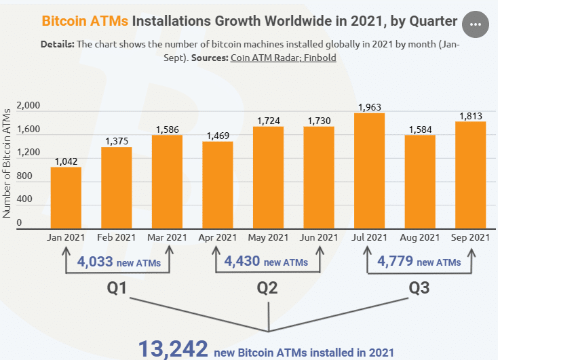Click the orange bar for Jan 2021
pyautogui.click(x=66, y=198)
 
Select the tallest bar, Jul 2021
pyautogui.click(x=369, y=171)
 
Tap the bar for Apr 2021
pyautogui.click(x=217, y=185)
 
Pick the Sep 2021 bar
pyautogui.click(x=470, y=175)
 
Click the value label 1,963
pyautogui.click(x=369, y=106)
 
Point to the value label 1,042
pyautogui.click(x=66, y=161)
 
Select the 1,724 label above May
pyautogui.click(x=268, y=121)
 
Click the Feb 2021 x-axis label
pyautogui.click(x=116, y=238)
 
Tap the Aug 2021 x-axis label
pyautogui.click(x=420, y=238)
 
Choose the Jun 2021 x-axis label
pyautogui.click(x=318, y=238)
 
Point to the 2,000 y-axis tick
pyautogui.click(x=28, y=106)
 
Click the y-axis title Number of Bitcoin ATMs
pyautogui.click(x=7, y=162)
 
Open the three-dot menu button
pyautogui.click(x=475, y=24)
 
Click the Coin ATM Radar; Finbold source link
pyautogui.click(x=283, y=58)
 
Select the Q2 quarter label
pyautogui.click(x=267, y=288)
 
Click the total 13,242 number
pyautogui.click(x=173, y=348)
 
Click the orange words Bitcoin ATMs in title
pyautogui.click(x=85, y=21)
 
